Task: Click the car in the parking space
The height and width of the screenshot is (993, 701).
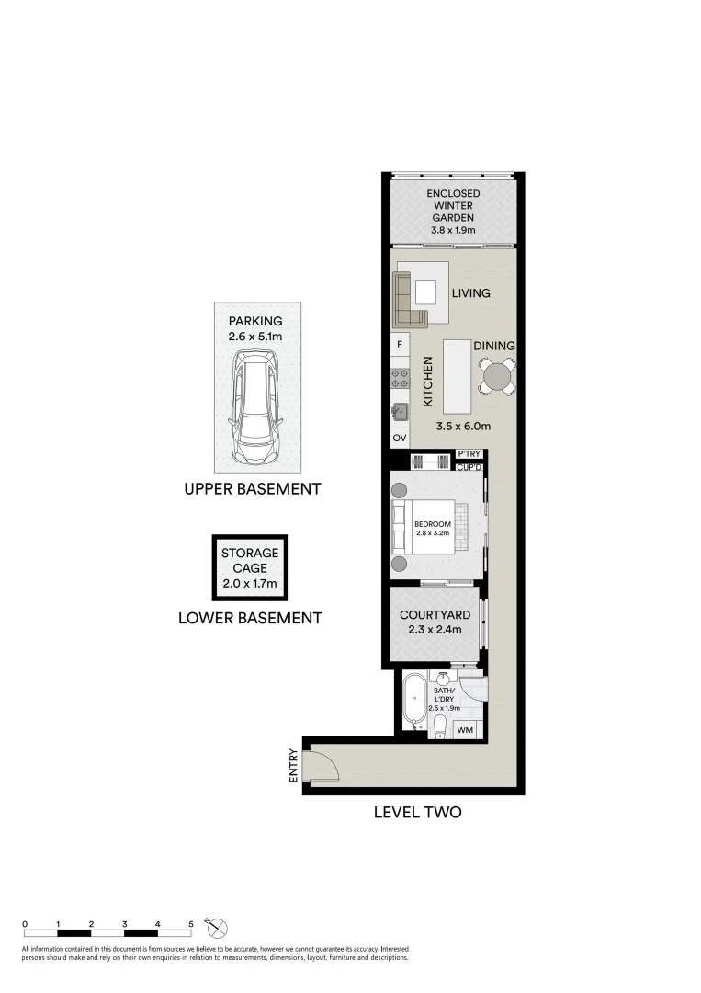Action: (x=255, y=406)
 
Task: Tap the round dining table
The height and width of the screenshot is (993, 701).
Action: (x=497, y=378)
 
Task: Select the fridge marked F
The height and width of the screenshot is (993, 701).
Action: (x=400, y=345)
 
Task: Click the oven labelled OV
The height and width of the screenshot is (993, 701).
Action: (x=400, y=438)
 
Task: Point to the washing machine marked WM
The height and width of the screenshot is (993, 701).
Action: (x=465, y=730)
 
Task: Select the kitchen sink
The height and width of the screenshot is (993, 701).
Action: (x=400, y=412)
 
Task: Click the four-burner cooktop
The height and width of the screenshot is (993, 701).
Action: (x=400, y=378)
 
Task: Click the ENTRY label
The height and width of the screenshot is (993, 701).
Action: (x=293, y=766)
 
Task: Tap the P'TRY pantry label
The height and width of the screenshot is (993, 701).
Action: (x=469, y=454)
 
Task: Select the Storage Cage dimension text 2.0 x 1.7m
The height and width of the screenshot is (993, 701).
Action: (x=250, y=584)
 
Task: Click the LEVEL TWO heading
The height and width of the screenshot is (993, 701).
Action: (x=417, y=812)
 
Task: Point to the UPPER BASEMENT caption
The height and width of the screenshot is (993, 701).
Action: (x=253, y=489)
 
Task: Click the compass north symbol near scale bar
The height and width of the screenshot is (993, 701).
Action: (x=217, y=929)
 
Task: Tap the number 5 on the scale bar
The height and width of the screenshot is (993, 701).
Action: (x=190, y=925)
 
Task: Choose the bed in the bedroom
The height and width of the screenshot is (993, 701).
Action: (x=429, y=527)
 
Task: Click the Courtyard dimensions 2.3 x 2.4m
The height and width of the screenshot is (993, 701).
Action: (x=435, y=630)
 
